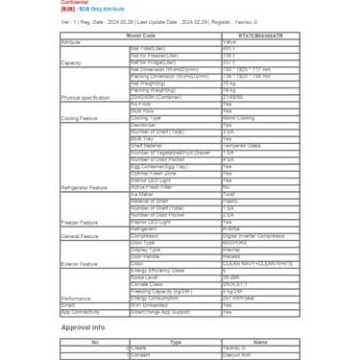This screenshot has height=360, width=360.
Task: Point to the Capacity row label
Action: pos(72,62)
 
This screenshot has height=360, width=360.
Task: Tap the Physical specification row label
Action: pos(85,98)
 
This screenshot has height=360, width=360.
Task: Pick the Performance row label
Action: pos(77,299)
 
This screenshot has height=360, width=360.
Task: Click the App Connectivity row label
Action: pos(81,312)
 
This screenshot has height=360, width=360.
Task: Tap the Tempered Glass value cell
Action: pos(241,146)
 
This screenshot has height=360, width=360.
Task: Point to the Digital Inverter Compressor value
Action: pos(255,235)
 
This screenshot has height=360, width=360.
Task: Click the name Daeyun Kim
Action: pos(236,354)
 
